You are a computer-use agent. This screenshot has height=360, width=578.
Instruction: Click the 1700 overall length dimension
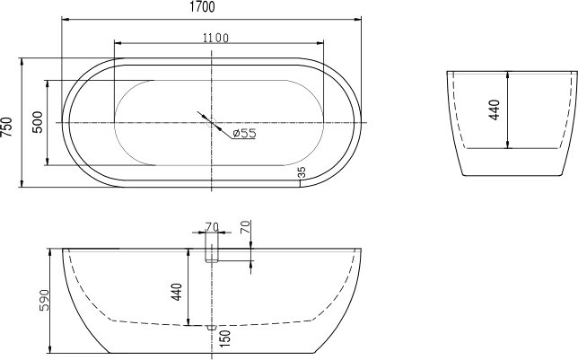point(202,7)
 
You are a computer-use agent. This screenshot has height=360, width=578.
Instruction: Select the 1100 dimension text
point(215,38)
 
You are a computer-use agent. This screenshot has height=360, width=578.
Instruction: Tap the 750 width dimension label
point(7,127)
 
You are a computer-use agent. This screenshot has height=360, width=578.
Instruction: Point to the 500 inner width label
point(38,122)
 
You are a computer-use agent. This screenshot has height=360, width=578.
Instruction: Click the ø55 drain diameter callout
point(244,133)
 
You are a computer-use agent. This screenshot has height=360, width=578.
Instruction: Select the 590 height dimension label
point(44,300)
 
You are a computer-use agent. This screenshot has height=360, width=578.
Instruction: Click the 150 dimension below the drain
point(224,338)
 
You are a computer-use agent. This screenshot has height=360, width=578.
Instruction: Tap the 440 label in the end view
point(495,110)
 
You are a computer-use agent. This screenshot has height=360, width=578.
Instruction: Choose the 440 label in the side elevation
point(177,292)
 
